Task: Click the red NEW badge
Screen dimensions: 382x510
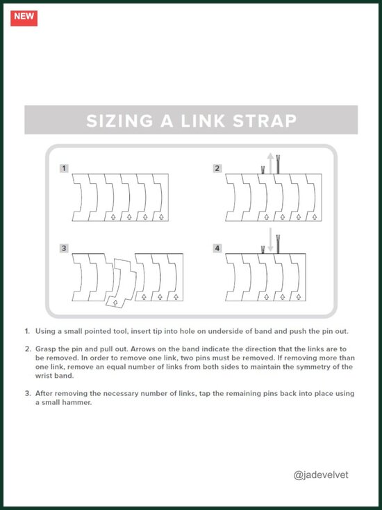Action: (x=24, y=18)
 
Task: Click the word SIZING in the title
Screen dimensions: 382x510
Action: (x=119, y=120)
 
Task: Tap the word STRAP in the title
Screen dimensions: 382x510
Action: (x=265, y=120)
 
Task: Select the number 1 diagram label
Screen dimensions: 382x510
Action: (x=64, y=168)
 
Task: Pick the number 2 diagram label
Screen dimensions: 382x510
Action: (x=217, y=168)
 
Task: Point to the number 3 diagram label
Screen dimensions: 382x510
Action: (x=64, y=248)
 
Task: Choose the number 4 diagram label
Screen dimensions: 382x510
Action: (x=217, y=248)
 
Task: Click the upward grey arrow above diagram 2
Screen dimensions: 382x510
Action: (x=270, y=164)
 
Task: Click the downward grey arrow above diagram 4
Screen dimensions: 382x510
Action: (x=270, y=241)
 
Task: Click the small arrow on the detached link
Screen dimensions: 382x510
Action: (x=115, y=303)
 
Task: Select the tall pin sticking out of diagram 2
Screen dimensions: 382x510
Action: (x=278, y=165)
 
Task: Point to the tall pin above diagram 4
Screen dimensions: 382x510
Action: (x=278, y=244)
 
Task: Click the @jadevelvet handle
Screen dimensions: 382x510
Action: (x=321, y=475)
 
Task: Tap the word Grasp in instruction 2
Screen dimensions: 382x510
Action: (x=45, y=349)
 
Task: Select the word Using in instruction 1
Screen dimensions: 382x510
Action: (x=45, y=332)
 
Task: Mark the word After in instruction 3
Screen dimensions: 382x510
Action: (x=44, y=393)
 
